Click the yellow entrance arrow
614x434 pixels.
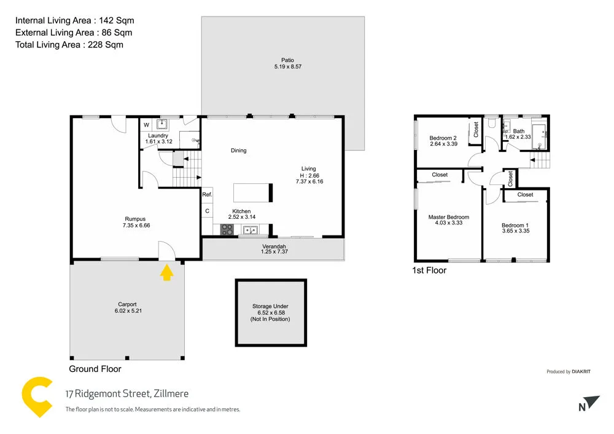[x=166, y=272]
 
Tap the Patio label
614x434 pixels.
[x=282, y=60]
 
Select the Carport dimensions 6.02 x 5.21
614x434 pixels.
[x=127, y=311]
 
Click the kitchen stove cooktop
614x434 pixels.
[x=227, y=231]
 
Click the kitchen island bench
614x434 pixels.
[x=252, y=192]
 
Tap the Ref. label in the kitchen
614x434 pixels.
[x=207, y=195]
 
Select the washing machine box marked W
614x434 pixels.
[x=146, y=125]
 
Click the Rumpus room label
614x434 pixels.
[x=135, y=218]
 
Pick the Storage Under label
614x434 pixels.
[x=270, y=306]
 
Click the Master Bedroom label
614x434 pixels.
[x=448, y=217]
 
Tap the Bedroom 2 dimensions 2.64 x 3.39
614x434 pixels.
[x=443, y=144]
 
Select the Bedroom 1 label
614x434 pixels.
[x=515, y=225]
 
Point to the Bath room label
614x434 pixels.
[x=519, y=131]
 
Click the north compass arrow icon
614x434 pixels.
[x=590, y=403]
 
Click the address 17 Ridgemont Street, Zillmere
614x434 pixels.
[x=127, y=394]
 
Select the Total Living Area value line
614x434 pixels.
[x=69, y=44]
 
